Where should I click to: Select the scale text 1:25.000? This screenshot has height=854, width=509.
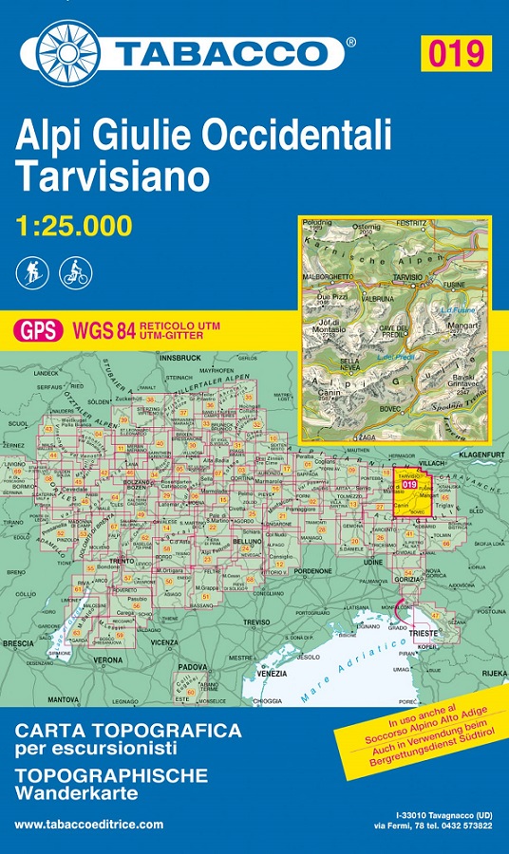[73, 226]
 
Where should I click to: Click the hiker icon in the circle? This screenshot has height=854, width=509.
[31, 273]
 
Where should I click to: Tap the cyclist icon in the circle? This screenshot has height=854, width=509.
[74, 273]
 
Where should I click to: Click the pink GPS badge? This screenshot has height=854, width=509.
[39, 330]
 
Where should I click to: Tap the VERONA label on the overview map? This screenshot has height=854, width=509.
[108, 659]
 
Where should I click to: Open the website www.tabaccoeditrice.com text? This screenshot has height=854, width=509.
[88, 825]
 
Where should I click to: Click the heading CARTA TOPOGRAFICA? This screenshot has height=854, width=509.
[128, 731]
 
